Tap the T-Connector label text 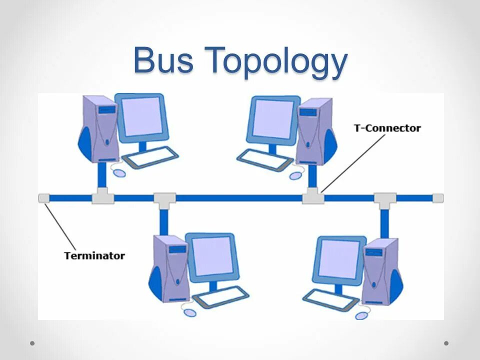point(387,128)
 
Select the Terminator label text point(94,255)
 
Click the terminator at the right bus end point(437,198)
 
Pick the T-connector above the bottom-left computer point(164,200)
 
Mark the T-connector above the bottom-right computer point(384,200)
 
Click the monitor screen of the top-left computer point(142,116)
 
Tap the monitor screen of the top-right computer point(272,118)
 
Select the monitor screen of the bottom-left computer point(212,256)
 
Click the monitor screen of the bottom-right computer point(339,258)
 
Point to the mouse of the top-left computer point(119,172)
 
